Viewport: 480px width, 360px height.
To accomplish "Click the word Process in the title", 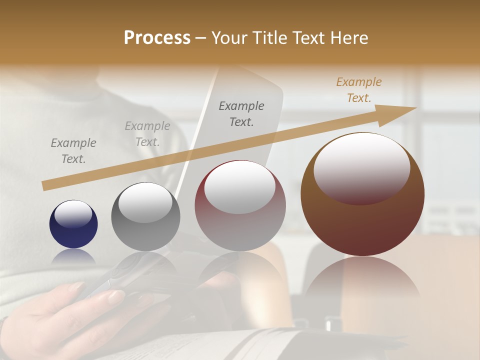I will [157, 38].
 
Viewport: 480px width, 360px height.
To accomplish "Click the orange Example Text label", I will [358, 90].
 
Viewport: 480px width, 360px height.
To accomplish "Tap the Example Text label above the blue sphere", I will [73, 150].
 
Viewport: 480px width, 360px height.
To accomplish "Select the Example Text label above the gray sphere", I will [147, 133].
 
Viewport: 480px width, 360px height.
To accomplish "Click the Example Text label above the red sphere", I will [241, 113].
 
